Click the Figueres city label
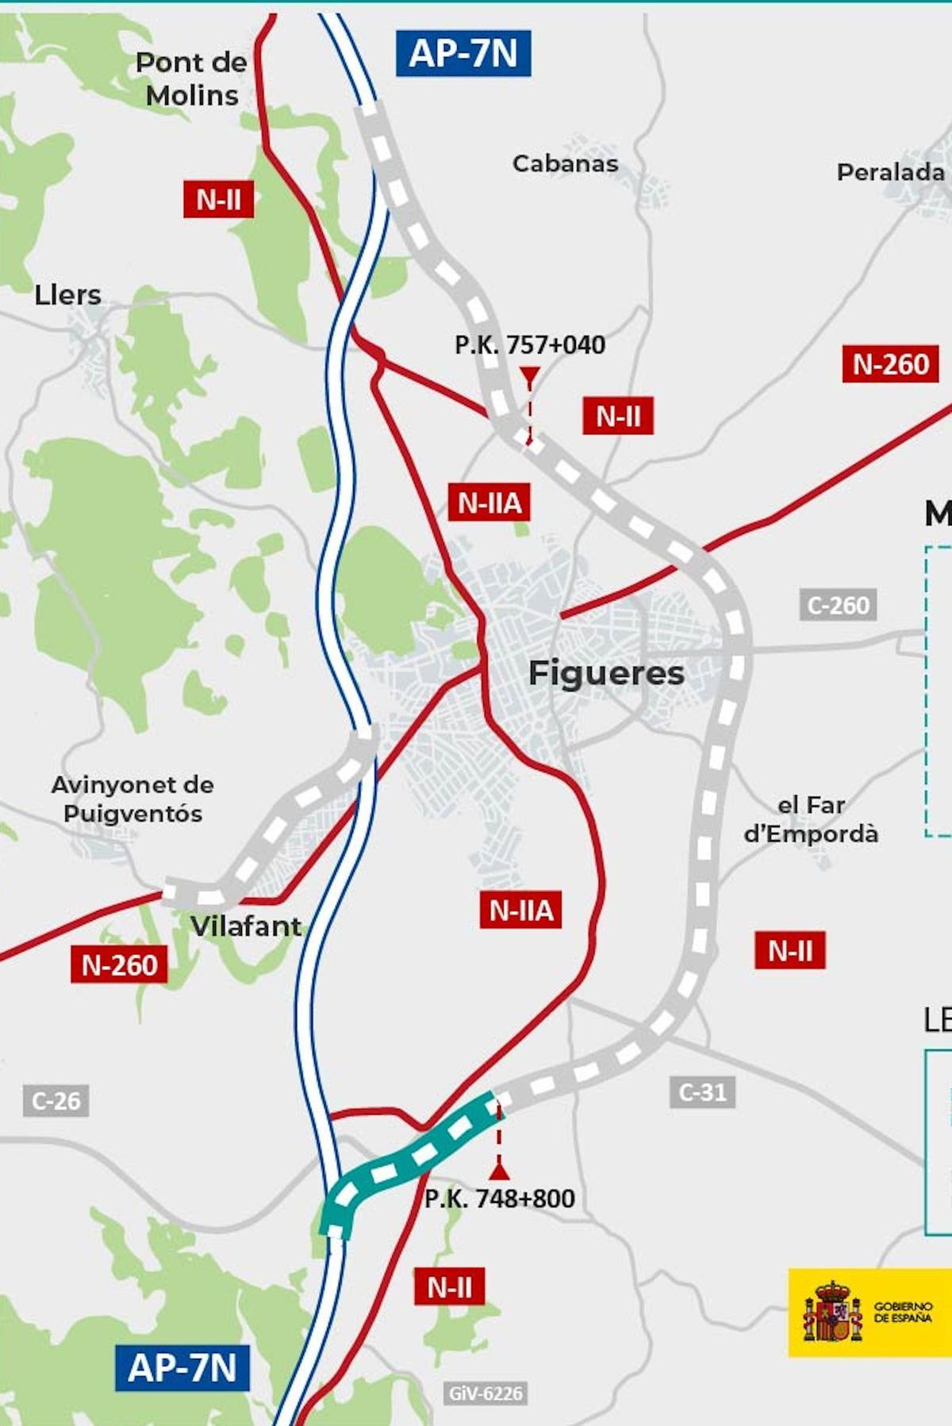(606, 673)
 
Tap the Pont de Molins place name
(191, 79)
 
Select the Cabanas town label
(565, 163)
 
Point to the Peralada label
(890, 172)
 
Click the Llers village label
(67, 295)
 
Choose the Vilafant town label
(246, 926)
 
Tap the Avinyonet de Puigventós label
(132, 799)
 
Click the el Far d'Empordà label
(811, 819)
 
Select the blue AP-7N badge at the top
(463, 53)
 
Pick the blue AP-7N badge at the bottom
(182, 1367)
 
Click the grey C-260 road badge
(838, 605)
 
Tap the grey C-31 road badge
(702, 1092)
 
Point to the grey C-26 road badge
(56, 1101)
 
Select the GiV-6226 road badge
(486, 1393)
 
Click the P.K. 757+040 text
(529, 345)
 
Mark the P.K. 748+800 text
(500, 1198)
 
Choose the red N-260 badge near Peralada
(890, 364)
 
